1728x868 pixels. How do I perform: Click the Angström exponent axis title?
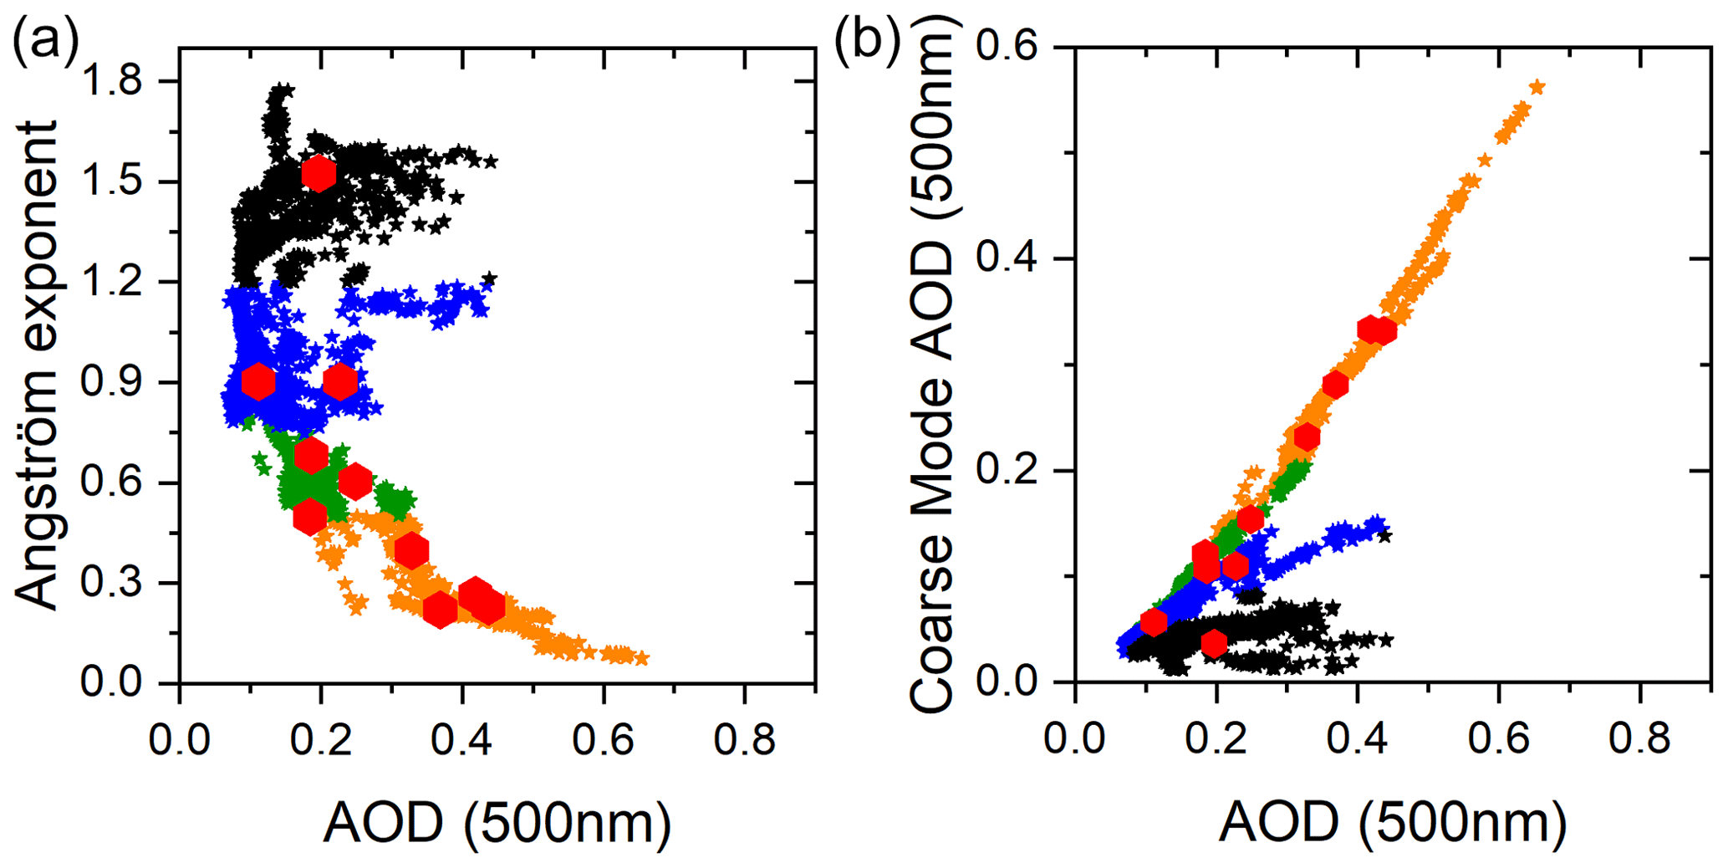tap(38, 365)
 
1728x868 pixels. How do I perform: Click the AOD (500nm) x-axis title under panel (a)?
tap(497, 824)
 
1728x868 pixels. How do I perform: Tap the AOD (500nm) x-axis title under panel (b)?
tap(1393, 824)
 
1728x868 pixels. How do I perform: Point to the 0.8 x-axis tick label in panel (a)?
tap(744, 740)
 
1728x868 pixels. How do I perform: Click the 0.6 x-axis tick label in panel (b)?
tap(1498, 740)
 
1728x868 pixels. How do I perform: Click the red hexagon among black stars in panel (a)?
tap(319, 173)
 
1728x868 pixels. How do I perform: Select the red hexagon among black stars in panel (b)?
tap(1214, 643)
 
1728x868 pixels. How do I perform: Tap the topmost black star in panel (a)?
tap(283, 89)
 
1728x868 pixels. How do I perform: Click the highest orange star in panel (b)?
tap(1537, 88)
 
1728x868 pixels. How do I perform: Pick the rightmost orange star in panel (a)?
tap(641, 659)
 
